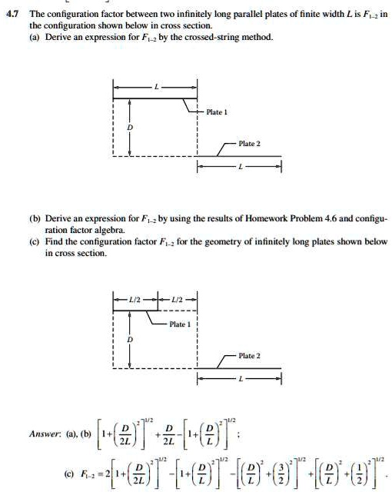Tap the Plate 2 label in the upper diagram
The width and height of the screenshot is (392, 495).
coord(250,145)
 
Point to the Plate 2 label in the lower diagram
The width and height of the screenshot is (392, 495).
coord(250,356)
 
